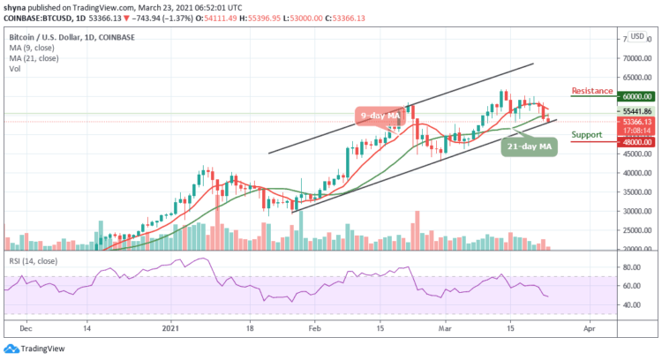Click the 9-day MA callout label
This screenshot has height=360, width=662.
[383, 116]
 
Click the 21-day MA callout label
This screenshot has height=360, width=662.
[529, 145]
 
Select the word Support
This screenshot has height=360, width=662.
[587, 135]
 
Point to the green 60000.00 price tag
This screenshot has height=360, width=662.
[635, 97]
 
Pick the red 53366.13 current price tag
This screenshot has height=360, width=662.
[635, 123]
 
